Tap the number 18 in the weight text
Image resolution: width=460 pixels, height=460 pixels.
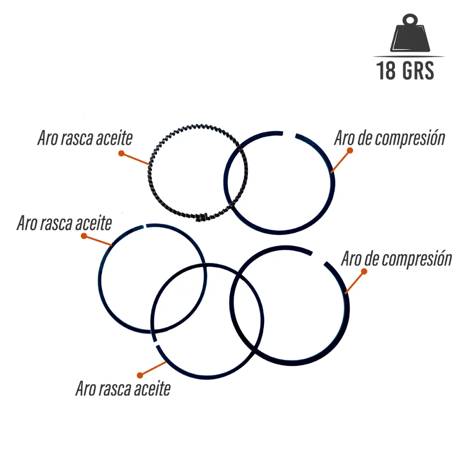386,71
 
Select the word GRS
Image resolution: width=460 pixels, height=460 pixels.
418,71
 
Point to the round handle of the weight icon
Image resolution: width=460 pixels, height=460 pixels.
410,20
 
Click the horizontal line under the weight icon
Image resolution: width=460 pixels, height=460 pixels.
409,56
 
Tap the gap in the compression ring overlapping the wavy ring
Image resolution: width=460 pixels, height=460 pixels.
289,134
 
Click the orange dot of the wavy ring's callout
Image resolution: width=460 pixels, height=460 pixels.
121,154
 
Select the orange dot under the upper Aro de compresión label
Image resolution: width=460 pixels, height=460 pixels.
349,150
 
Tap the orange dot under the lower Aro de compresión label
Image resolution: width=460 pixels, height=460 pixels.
364,271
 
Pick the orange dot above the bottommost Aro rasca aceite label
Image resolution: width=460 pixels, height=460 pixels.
140,375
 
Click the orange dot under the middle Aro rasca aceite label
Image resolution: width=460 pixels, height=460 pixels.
84,236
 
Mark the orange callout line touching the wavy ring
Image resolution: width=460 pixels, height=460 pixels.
135,159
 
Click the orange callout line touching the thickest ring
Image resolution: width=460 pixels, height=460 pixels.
355,282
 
